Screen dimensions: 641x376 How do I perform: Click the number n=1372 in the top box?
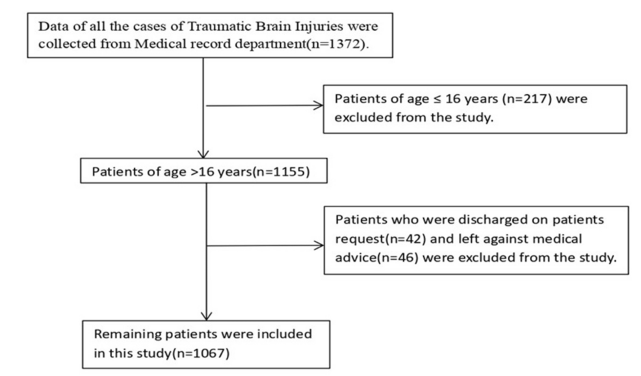(337, 44)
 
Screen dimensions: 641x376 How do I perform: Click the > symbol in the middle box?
(194, 172)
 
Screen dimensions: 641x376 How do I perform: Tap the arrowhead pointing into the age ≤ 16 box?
(318, 106)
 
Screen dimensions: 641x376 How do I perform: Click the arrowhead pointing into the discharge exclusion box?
(319, 245)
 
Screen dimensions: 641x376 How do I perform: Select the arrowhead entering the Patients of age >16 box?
(203, 154)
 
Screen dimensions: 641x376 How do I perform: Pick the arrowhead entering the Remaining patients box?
(207, 316)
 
